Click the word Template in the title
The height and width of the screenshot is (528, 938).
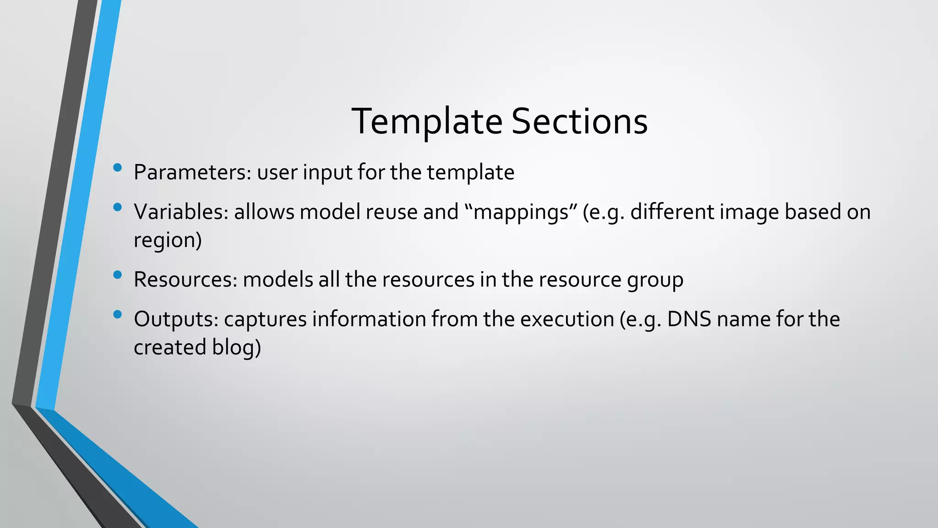(x=427, y=121)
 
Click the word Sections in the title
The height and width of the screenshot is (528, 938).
(x=579, y=121)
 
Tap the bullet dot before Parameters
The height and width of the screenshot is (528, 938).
(x=117, y=168)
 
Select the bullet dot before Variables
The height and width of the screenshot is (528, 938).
(x=117, y=207)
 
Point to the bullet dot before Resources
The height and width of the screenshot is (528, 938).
(x=117, y=275)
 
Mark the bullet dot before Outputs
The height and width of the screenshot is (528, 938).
(x=117, y=314)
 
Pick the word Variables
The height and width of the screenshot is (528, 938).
(x=181, y=212)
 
